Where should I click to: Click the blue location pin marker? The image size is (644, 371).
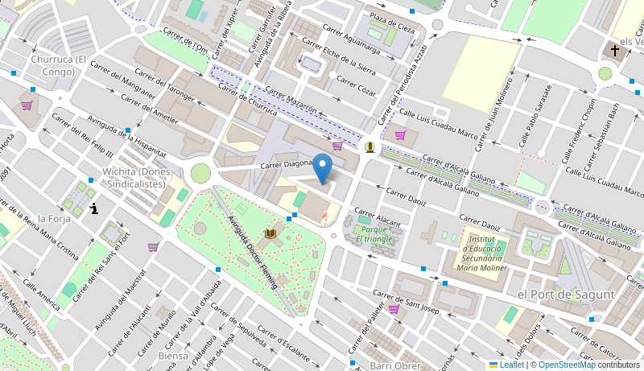click(x=322, y=169)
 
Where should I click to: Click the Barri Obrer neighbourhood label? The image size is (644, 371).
click(x=395, y=365)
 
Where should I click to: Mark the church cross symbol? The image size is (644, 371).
click(x=615, y=51)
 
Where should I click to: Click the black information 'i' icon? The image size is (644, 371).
click(x=95, y=209)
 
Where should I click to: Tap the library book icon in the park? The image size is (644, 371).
click(x=270, y=233)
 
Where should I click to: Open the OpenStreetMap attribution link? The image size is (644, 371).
click(x=567, y=365)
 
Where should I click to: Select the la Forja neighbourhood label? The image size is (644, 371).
click(x=54, y=218)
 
